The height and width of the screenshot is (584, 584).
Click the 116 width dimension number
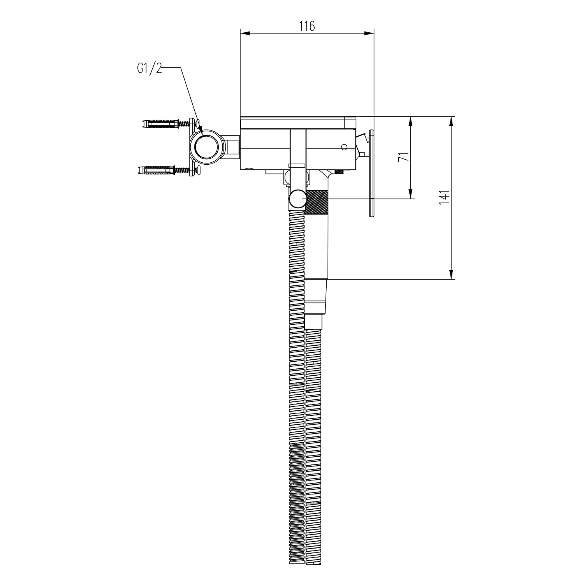tap(307, 26)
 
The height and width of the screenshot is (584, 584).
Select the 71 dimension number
tap(405, 157)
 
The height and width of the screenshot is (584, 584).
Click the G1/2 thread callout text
tap(149, 69)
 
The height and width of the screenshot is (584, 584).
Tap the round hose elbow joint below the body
tap(298, 199)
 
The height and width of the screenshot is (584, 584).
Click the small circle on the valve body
tap(344, 147)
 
